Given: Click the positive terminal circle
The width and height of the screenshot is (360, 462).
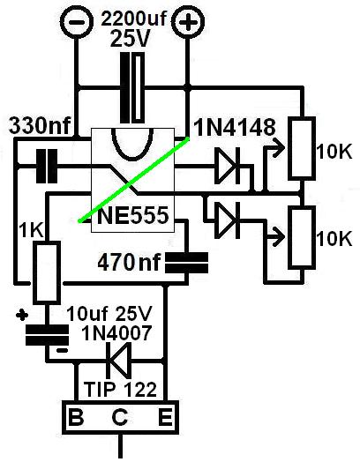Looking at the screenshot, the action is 188,22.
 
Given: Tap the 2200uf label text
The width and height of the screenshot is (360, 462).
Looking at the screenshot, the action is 133,19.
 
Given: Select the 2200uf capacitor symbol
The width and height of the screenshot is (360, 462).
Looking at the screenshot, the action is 132,87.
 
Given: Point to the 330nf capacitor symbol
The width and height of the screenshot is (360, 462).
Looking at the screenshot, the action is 47,166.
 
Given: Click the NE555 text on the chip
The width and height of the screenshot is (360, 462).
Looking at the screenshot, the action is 133,215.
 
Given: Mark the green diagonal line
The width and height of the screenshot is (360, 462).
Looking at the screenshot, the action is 133,180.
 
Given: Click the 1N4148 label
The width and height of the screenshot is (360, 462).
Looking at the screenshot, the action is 235,128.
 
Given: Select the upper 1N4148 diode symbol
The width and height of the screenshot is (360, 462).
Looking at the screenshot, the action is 229,166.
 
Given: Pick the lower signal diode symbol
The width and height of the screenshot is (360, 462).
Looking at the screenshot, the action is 228,220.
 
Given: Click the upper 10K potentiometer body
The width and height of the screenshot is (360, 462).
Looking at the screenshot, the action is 302,148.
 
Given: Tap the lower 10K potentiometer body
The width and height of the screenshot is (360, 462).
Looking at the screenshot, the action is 302,237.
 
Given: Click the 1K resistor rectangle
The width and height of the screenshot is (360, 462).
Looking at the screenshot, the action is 47,272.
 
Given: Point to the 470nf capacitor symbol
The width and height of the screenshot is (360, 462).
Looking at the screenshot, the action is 186,263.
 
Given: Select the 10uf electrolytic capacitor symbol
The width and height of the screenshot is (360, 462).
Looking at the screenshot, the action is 47,335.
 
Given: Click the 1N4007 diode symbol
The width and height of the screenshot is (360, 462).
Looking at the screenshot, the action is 119,361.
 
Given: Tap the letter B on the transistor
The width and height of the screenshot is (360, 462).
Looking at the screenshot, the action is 76,417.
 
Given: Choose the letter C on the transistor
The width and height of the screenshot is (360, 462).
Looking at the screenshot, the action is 120,417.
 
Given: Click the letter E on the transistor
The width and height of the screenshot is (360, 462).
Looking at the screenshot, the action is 165,417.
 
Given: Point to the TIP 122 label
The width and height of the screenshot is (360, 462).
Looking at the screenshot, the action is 120,390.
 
